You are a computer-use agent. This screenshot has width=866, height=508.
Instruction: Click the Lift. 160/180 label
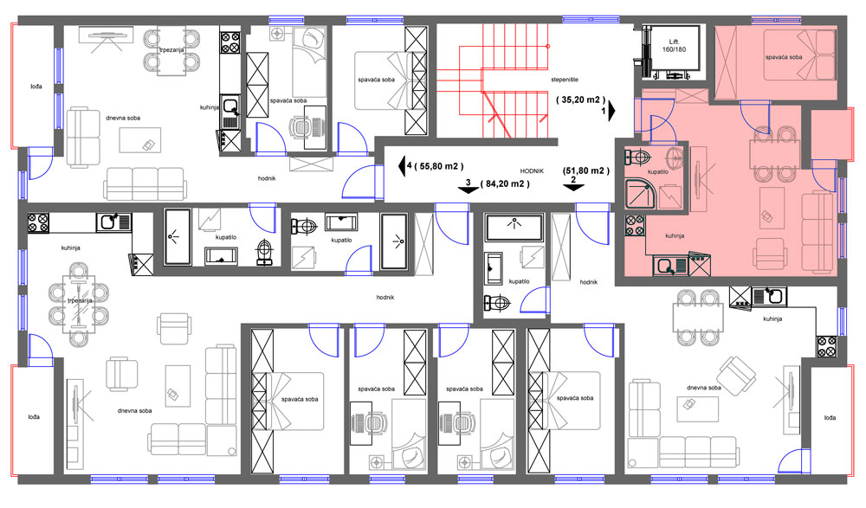pyautogui.click(x=674, y=45)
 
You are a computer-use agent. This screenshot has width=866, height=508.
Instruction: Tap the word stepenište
pyautogui.click(x=565, y=80)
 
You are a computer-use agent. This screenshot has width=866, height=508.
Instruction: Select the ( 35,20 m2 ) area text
pyautogui.click(x=580, y=100)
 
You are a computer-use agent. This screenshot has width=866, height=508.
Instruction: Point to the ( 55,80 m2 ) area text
pyautogui.click(x=439, y=165)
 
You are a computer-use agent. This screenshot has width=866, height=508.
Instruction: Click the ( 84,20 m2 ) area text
pyautogui.click(x=505, y=183)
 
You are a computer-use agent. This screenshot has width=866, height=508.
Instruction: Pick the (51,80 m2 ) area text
pyautogui.click(x=586, y=170)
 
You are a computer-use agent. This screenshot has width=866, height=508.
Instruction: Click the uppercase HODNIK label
pyautogui.click(x=532, y=171)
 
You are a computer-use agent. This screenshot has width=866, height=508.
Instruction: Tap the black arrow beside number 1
pyautogui.click(x=612, y=111)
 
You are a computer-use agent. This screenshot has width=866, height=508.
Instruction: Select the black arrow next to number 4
pyautogui.click(x=402, y=165)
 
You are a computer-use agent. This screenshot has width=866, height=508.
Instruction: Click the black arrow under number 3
pyautogui.click(x=469, y=190)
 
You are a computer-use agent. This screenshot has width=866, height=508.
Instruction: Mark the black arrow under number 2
pyautogui.click(x=573, y=187)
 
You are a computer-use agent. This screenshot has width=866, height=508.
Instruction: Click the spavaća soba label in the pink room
pyautogui.click(x=784, y=57)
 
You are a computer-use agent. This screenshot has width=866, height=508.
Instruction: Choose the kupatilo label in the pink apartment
pyautogui.click(x=658, y=171)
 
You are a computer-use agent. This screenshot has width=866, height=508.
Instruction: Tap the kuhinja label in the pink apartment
pyautogui.click(x=675, y=235)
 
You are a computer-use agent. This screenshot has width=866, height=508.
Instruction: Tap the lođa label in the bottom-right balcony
pyautogui.click(x=830, y=417)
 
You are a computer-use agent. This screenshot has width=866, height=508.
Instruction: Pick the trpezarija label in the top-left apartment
pyautogui.click(x=171, y=49)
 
